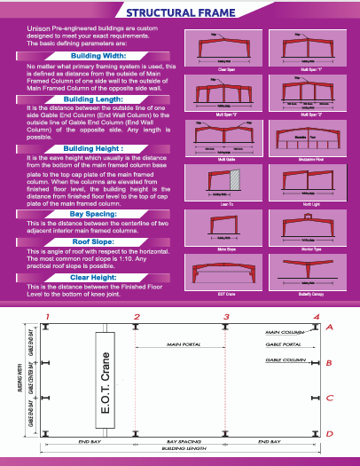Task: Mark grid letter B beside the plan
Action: (329, 363)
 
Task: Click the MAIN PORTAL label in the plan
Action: (181, 345)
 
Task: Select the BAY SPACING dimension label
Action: (181, 439)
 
